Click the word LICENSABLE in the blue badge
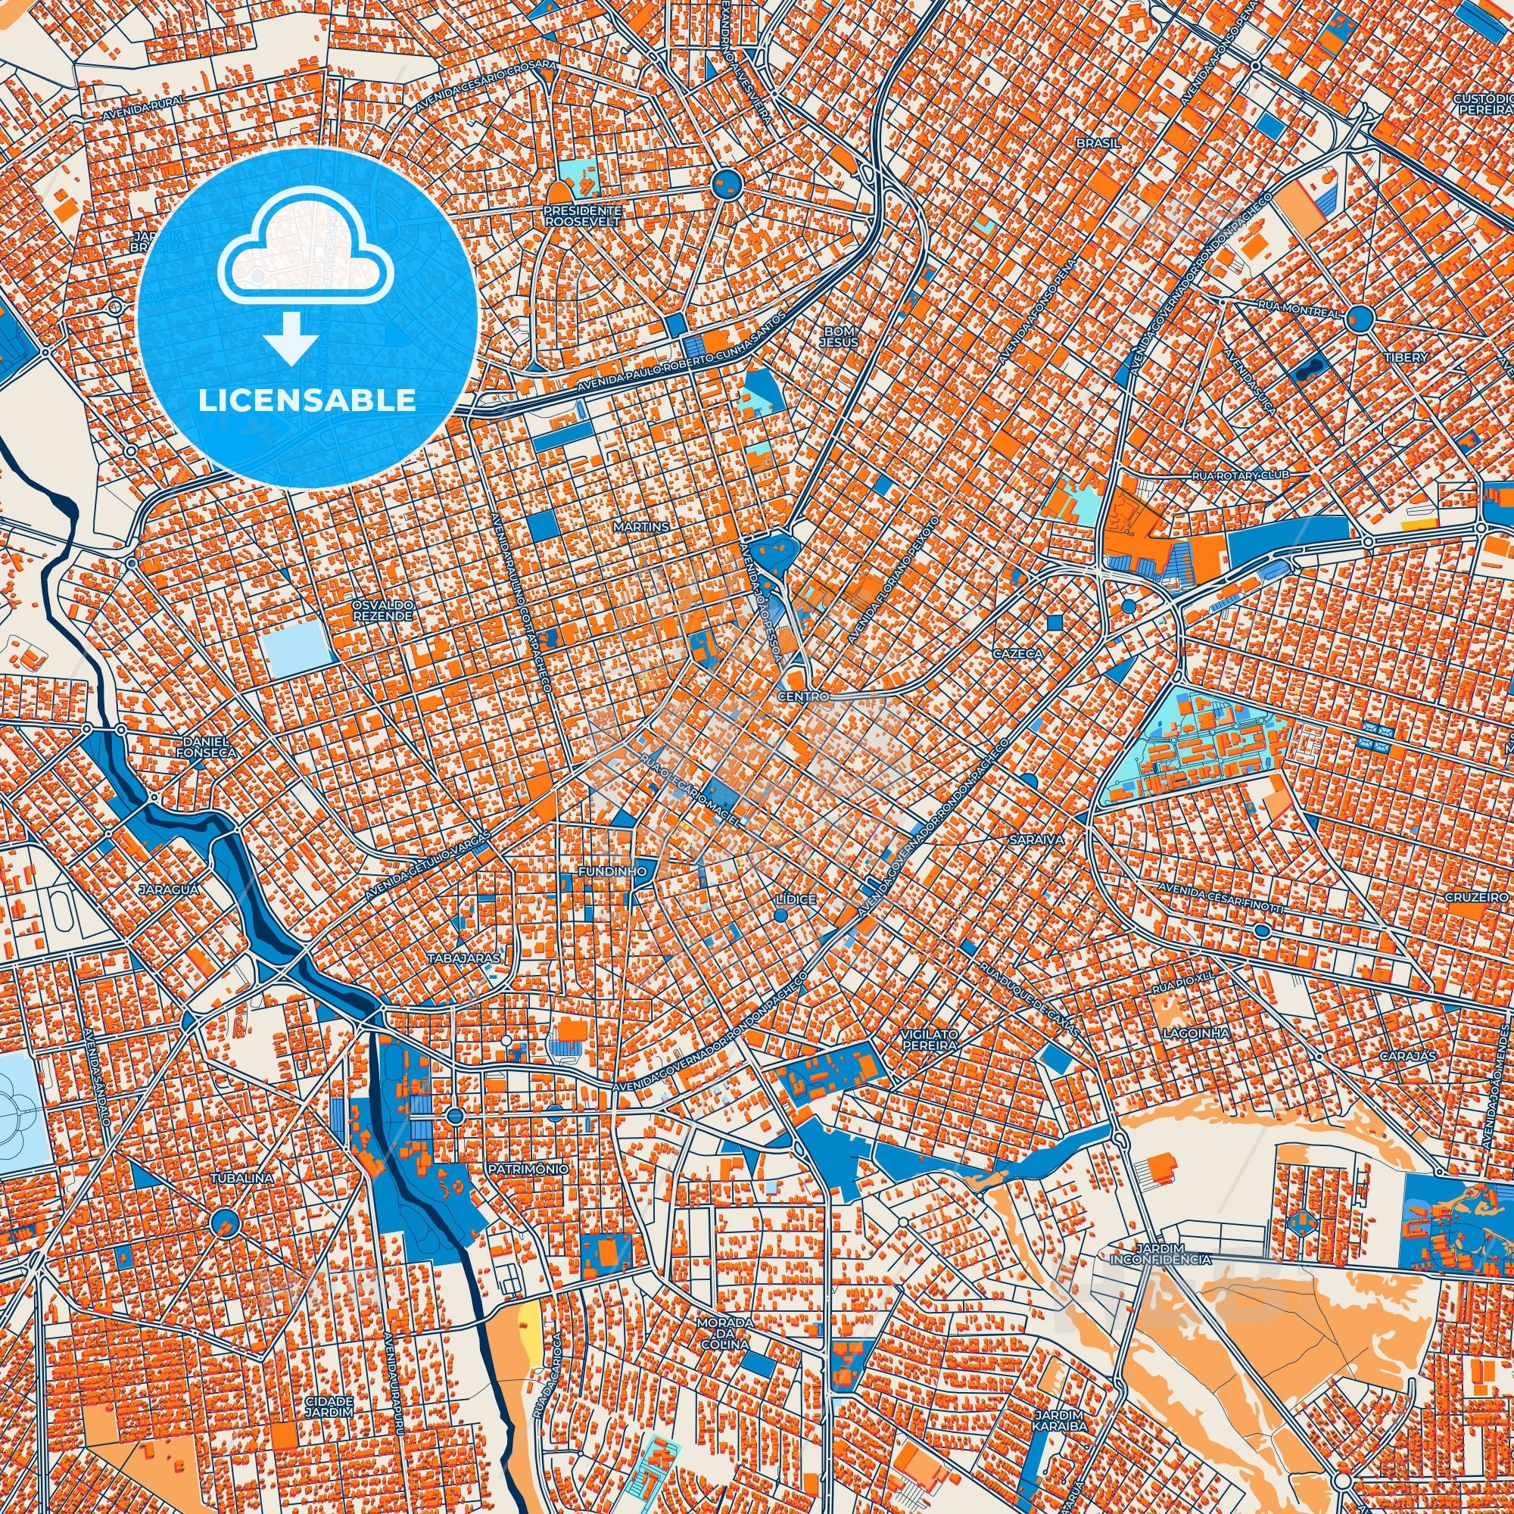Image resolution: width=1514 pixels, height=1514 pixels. point(307,400)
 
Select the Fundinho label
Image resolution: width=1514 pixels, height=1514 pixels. point(611,871)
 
